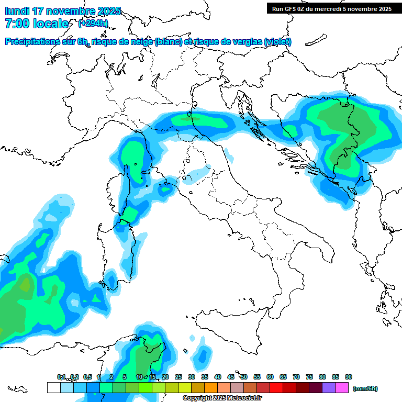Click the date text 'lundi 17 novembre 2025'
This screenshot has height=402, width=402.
63,11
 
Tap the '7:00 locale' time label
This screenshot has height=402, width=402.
37,24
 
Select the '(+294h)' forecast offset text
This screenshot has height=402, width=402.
93,23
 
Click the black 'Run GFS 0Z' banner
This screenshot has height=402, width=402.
332,8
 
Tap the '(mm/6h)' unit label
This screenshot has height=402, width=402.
365,388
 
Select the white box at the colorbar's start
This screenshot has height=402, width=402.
53,388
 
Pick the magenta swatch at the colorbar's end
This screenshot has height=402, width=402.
342,388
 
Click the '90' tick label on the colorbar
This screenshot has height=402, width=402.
349,377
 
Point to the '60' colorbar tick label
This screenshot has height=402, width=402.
270,377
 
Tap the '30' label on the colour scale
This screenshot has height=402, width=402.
192,377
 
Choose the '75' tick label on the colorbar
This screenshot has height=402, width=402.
309,377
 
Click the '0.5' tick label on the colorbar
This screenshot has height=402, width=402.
87,377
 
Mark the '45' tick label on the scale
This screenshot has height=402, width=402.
231,377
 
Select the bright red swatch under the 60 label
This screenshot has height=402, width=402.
276,388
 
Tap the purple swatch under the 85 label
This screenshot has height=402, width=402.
329,388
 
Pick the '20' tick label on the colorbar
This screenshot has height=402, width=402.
165,377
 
